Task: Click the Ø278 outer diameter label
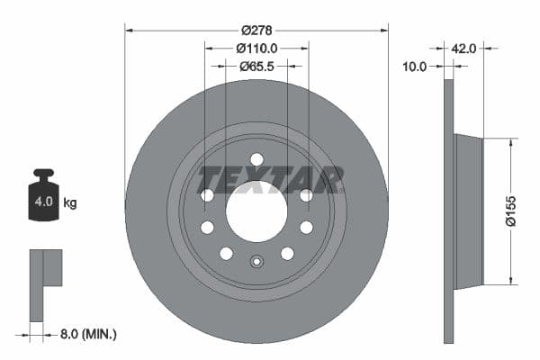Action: (x=256, y=31)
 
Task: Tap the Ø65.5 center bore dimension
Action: (x=256, y=66)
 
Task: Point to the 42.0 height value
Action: (x=464, y=49)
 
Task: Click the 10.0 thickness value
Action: (x=414, y=66)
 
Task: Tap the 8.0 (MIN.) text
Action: (x=86, y=334)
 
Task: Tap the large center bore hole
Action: (x=256, y=211)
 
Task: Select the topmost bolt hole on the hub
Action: (x=256, y=160)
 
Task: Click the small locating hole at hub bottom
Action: (x=256, y=264)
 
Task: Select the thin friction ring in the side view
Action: (x=449, y=211)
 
